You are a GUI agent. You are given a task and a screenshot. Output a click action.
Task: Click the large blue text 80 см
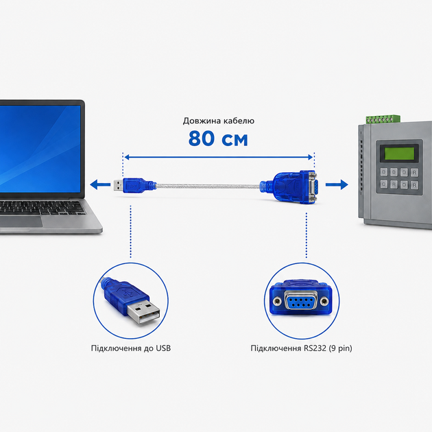point(218,139)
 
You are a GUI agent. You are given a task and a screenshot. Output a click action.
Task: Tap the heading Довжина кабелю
point(219,121)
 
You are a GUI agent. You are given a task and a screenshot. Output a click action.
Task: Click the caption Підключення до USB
point(131,348)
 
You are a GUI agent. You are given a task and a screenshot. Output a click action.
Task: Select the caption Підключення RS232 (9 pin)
point(301,348)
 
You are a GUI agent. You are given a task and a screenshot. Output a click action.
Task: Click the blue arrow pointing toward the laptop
point(100,184)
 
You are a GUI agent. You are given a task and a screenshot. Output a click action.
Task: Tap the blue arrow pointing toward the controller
point(337,184)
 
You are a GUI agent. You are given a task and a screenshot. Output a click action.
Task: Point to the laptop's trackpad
point(21,221)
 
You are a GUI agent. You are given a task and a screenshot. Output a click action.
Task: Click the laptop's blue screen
point(40,149)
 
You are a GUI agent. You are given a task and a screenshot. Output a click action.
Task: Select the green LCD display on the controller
point(399,154)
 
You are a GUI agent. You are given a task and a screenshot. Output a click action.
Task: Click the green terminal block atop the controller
point(383,119)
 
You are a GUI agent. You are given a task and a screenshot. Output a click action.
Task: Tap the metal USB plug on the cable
point(118,185)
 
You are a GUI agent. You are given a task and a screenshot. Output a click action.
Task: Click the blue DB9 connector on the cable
point(294,187)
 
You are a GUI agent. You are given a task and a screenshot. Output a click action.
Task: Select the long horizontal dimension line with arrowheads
point(219,157)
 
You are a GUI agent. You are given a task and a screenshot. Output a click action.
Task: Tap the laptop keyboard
point(41,207)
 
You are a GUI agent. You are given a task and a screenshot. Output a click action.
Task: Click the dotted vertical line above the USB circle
point(130,232)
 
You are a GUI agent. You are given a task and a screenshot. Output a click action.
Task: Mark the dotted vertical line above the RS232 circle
point(307,235)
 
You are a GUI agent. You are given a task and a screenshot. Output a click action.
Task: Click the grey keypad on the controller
point(399,178)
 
